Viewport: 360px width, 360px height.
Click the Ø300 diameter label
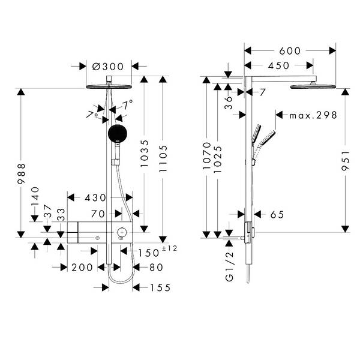113,66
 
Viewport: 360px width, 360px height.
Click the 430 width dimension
95,197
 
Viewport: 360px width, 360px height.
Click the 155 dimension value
160,288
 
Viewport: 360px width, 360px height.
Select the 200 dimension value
82,268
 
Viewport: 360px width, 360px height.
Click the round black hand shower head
118,133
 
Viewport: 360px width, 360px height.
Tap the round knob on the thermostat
122,232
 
